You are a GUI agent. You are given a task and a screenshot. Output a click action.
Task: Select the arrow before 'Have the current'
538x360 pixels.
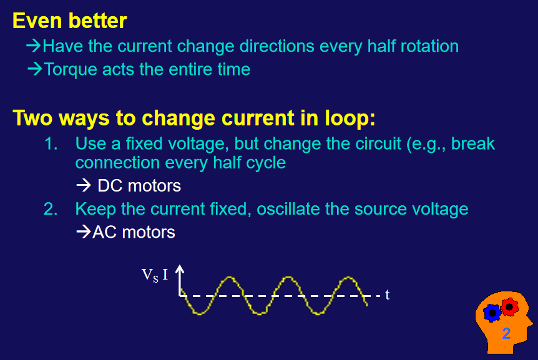click(x=34, y=46)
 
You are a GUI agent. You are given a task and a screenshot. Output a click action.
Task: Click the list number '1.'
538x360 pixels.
click(x=51, y=144)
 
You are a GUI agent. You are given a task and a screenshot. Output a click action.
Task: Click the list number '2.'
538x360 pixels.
click(x=51, y=209)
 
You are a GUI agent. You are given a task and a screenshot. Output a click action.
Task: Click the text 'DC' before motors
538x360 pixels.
click(x=110, y=186)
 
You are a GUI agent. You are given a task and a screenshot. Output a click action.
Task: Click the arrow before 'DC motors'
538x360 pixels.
click(x=84, y=185)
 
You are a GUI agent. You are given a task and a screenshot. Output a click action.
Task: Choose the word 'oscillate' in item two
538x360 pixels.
click(x=288, y=209)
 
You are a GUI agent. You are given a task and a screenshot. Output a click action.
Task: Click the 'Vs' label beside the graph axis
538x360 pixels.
click(x=150, y=275)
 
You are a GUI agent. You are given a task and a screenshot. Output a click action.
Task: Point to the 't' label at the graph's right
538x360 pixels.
click(x=388, y=294)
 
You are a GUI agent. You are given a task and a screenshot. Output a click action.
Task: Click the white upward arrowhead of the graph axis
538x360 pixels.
click(x=180, y=270)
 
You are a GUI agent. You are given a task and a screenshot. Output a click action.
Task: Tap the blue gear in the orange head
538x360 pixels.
click(x=492, y=313)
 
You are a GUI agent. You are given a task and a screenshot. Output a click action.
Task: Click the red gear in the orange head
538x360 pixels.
click(x=509, y=307)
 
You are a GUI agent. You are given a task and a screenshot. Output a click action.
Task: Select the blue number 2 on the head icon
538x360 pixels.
click(x=506, y=333)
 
